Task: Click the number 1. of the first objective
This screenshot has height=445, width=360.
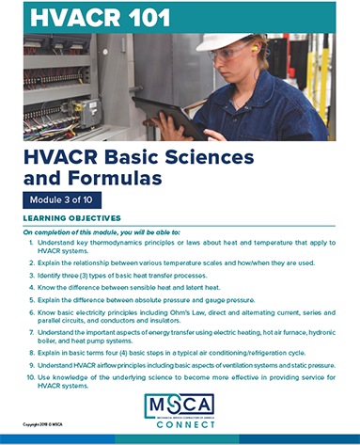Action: (34, 243)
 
